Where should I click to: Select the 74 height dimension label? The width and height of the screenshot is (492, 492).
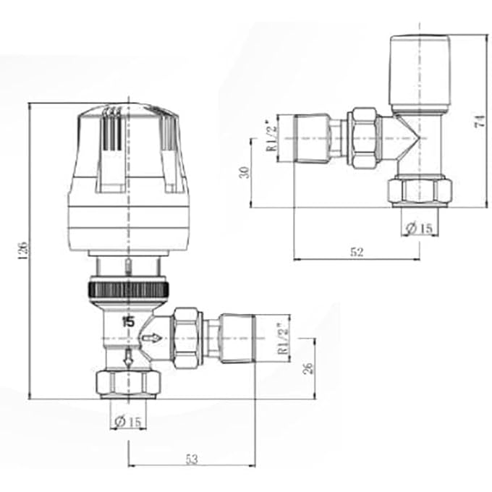coord(478,121)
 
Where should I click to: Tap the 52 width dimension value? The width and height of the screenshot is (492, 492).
coord(357,252)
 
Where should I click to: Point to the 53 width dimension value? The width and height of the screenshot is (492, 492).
coord(192,458)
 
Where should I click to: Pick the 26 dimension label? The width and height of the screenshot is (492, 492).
coord(307,368)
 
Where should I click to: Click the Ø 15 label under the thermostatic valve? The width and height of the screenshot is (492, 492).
coord(127,420)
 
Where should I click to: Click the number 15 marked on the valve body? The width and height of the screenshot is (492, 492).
coord(128,321)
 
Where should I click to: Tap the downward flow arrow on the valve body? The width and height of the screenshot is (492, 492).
coord(128,357)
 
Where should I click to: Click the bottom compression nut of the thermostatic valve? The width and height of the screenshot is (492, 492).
coord(128,383)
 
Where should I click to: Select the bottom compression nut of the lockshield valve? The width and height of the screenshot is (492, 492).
coord(420,191)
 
